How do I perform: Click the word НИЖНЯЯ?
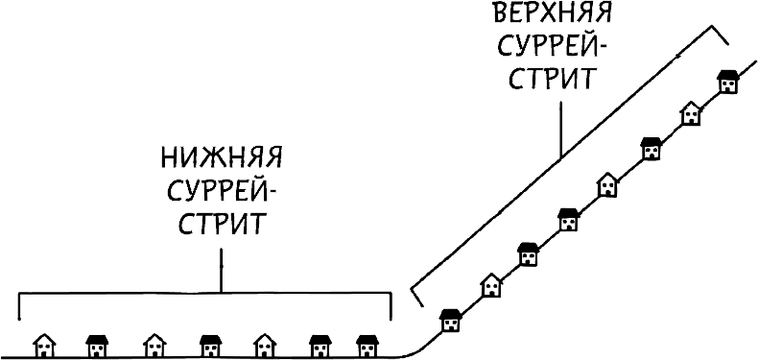point(222,156)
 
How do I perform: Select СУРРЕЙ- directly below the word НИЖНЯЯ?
point(222,191)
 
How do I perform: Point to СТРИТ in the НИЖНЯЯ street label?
point(222,226)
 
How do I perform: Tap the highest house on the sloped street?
point(729,81)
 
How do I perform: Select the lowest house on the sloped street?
point(449,320)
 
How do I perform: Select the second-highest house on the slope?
point(691,113)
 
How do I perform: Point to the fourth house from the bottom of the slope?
point(568,218)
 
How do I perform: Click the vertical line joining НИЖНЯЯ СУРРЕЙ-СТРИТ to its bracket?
point(222,269)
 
